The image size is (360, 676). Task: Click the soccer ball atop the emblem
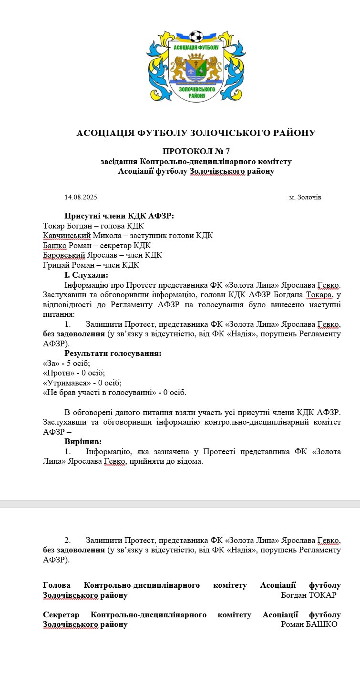[x=195, y=36]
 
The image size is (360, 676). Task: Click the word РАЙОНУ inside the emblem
[x=196, y=95]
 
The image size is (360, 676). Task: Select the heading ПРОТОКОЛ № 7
[x=196, y=152]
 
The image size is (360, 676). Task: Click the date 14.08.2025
[x=81, y=197]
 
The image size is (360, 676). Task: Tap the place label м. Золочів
[x=305, y=197]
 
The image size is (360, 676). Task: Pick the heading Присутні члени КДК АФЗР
[x=119, y=216]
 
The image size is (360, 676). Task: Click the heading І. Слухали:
[x=86, y=275]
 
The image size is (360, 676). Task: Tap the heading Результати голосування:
[x=113, y=354]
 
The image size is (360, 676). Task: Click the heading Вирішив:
[x=83, y=442]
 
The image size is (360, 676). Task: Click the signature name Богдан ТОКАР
[x=309, y=595]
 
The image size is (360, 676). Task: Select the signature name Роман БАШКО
[x=309, y=624]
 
